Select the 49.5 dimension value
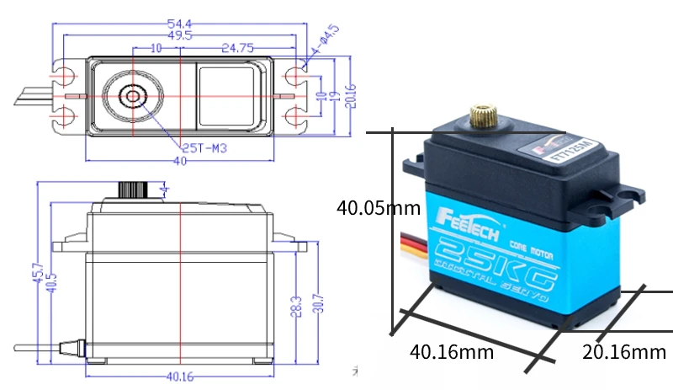coord(179,35)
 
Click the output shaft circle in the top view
coord(133,95)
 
